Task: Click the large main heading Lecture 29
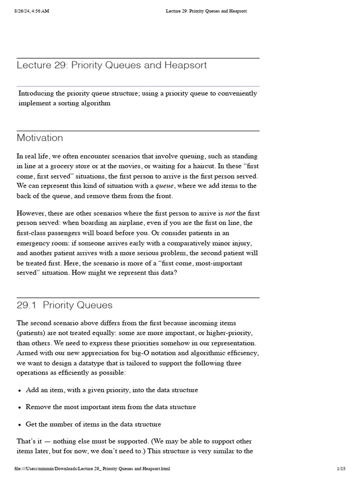pos(112,65)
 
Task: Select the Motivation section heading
pos(40,138)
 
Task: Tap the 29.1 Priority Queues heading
pos(65,305)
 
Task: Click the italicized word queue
pos(165,186)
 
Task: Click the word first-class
pos(33,233)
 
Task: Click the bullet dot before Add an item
pos(20,390)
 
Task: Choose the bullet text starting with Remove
pos(111,407)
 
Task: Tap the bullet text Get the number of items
pos(93,424)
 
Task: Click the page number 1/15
pos(341,468)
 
